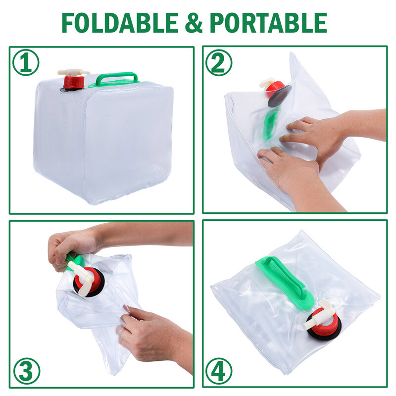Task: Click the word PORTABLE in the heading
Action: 268,22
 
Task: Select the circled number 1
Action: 26,63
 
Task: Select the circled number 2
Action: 218,63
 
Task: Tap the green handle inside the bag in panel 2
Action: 269,124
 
